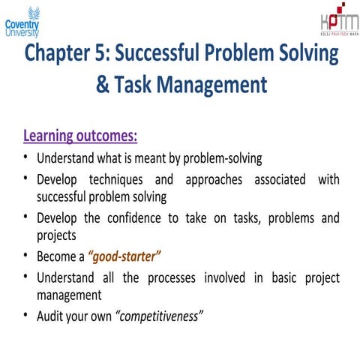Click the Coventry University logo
pos(22,22)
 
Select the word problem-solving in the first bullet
pos(222,159)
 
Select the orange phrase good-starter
pos(124,256)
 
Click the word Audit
pos(51,316)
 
